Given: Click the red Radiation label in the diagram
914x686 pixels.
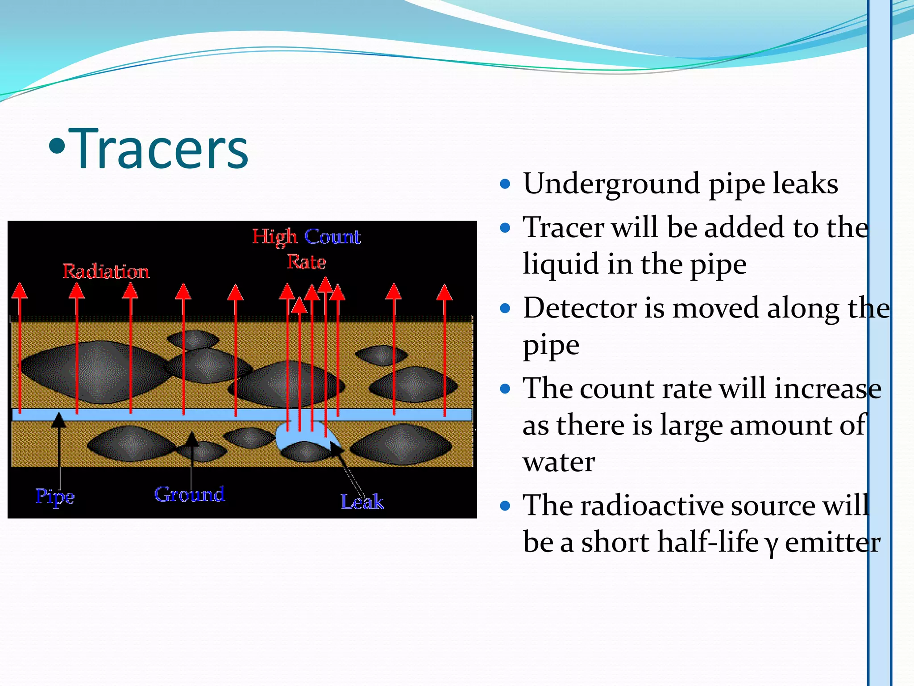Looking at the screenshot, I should tap(106, 272).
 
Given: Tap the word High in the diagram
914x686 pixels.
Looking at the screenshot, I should tap(274, 237).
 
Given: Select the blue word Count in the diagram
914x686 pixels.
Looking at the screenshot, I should tap(332, 237).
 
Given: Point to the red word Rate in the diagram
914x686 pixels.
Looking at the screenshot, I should tap(306, 262).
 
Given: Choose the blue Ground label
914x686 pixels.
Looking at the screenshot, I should tap(189, 494).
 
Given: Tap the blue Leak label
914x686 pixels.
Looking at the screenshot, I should tap(362, 502).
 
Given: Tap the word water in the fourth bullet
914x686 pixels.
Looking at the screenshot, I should tap(559, 462).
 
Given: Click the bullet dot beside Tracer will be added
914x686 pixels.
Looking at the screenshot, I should tap(505, 228).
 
